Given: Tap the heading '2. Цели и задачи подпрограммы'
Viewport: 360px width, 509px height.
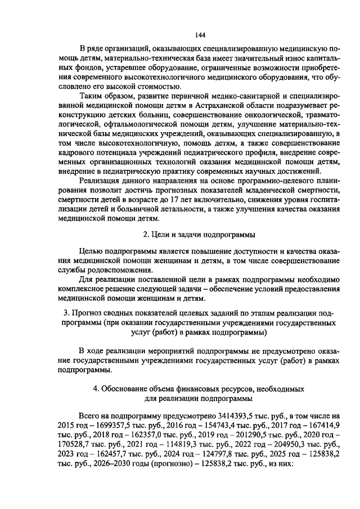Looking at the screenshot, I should (199, 234).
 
